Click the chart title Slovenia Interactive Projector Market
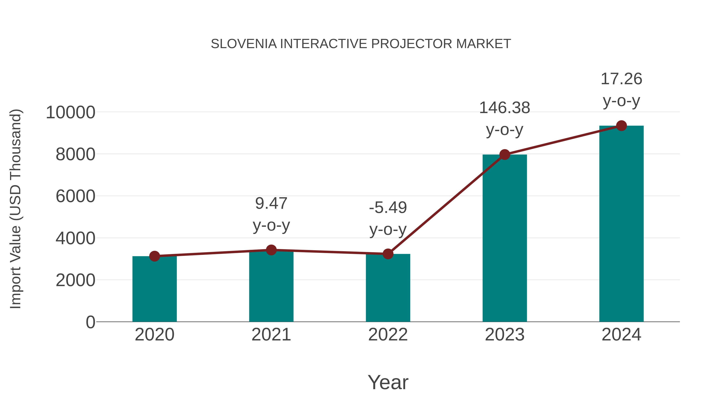[x=361, y=44]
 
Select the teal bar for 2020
[x=154, y=290]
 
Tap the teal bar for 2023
[x=505, y=238]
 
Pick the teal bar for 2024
[x=621, y=224]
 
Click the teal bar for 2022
[x=388, y=289]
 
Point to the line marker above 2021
[x=271, y=250]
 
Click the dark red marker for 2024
[x=621, y=126]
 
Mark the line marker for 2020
[x=154, y=256]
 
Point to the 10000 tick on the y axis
[x=70, y=113]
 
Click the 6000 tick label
[x=75, y=196]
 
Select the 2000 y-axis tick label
[x=75, y=280]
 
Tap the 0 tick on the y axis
[x=90, y=322]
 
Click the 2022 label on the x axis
[x=388, y=335]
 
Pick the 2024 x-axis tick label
[x=621, y=335]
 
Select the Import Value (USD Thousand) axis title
[x=16, y=209]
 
